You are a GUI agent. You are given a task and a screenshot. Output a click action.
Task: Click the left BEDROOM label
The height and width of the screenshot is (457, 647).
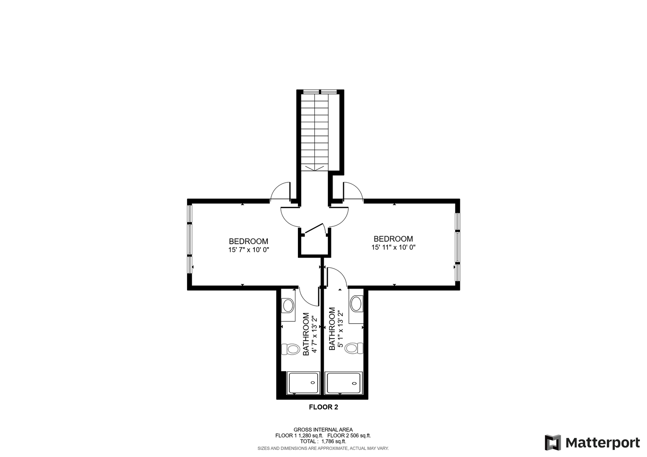pyautogui.click(x=248, y=241)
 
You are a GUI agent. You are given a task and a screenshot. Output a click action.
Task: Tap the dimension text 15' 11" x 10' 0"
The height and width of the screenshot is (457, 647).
pyautogui.click(x=394, y=247)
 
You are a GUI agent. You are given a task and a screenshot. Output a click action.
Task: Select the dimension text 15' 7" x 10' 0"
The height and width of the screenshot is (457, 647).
pyautogui.click(x=249, y=250)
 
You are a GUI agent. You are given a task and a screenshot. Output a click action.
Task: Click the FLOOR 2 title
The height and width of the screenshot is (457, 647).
pyautogui.click(x=323, y=407)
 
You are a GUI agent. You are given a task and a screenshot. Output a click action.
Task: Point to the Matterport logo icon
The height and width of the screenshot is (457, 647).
pyautogui.click(x=553, y=443)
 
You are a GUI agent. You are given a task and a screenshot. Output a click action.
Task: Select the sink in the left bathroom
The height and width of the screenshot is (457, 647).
pyautogui.click(x=288, y=306)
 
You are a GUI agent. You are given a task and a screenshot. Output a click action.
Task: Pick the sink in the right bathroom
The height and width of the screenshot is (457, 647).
pyautogui.click(x=356, y=304)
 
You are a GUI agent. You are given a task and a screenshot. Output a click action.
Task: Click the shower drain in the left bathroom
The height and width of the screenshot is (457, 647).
pyautogui.click(x=313, y=383)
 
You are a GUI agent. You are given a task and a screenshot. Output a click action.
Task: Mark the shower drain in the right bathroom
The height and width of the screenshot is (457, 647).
pyautogui.click(x=355, y=383)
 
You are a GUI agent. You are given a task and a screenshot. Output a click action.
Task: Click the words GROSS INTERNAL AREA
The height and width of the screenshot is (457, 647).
pyautogui.click(x=323, y=430)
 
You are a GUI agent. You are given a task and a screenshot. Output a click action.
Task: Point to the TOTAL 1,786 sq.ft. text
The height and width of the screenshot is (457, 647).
pyautogui.click(x=323, y=441)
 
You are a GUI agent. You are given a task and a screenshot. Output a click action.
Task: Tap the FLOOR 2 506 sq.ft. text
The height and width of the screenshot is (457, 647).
pyautogui.click(x=349, y=435)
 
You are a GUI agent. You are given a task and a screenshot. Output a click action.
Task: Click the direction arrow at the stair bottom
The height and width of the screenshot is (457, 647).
pyautogui.click(x=314, y=168)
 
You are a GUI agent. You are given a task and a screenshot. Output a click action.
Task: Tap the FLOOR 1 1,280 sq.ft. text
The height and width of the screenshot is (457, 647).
pyautogui.click(x=299, y=435)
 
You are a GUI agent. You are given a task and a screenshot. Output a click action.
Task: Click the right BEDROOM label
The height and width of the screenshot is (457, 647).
pyautogui.click(x=394, y=239)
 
